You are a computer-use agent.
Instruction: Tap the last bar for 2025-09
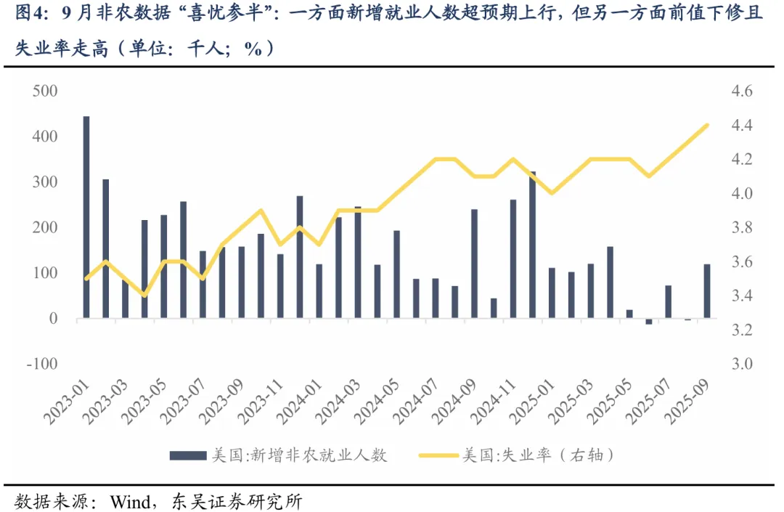tap(707, 291)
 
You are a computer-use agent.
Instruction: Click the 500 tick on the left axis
tap(45, 92)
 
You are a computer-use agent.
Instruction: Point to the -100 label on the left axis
tap(41, 364)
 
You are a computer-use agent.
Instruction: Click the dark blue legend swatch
tap(187, 455)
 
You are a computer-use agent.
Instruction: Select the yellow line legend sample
tap(438, 455)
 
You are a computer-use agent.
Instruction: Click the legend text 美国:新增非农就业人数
tap(298, 455)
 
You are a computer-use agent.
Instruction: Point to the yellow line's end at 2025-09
tap(707, 126)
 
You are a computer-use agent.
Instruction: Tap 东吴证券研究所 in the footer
tap(235, 501)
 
